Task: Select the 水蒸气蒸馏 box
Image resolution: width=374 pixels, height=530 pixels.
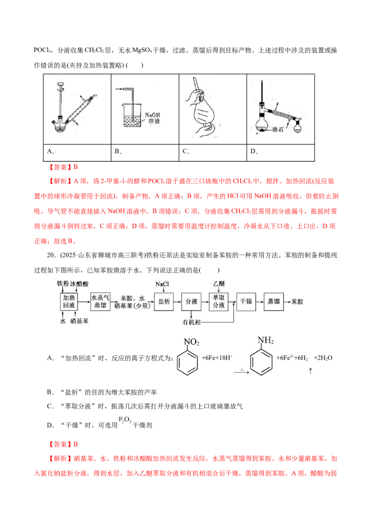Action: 100,302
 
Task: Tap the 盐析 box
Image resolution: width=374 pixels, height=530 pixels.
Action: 163,302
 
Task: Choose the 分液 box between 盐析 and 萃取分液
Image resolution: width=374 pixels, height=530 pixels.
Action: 192,302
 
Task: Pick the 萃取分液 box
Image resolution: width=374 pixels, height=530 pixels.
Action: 219,302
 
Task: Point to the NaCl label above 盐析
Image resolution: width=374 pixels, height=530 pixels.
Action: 163,284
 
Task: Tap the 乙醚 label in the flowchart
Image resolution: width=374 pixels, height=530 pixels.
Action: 219,284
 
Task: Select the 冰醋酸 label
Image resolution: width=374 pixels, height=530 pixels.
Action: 78,284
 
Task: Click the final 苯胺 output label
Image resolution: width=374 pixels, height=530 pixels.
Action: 297,302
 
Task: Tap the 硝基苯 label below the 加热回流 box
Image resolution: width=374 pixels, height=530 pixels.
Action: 79,323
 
